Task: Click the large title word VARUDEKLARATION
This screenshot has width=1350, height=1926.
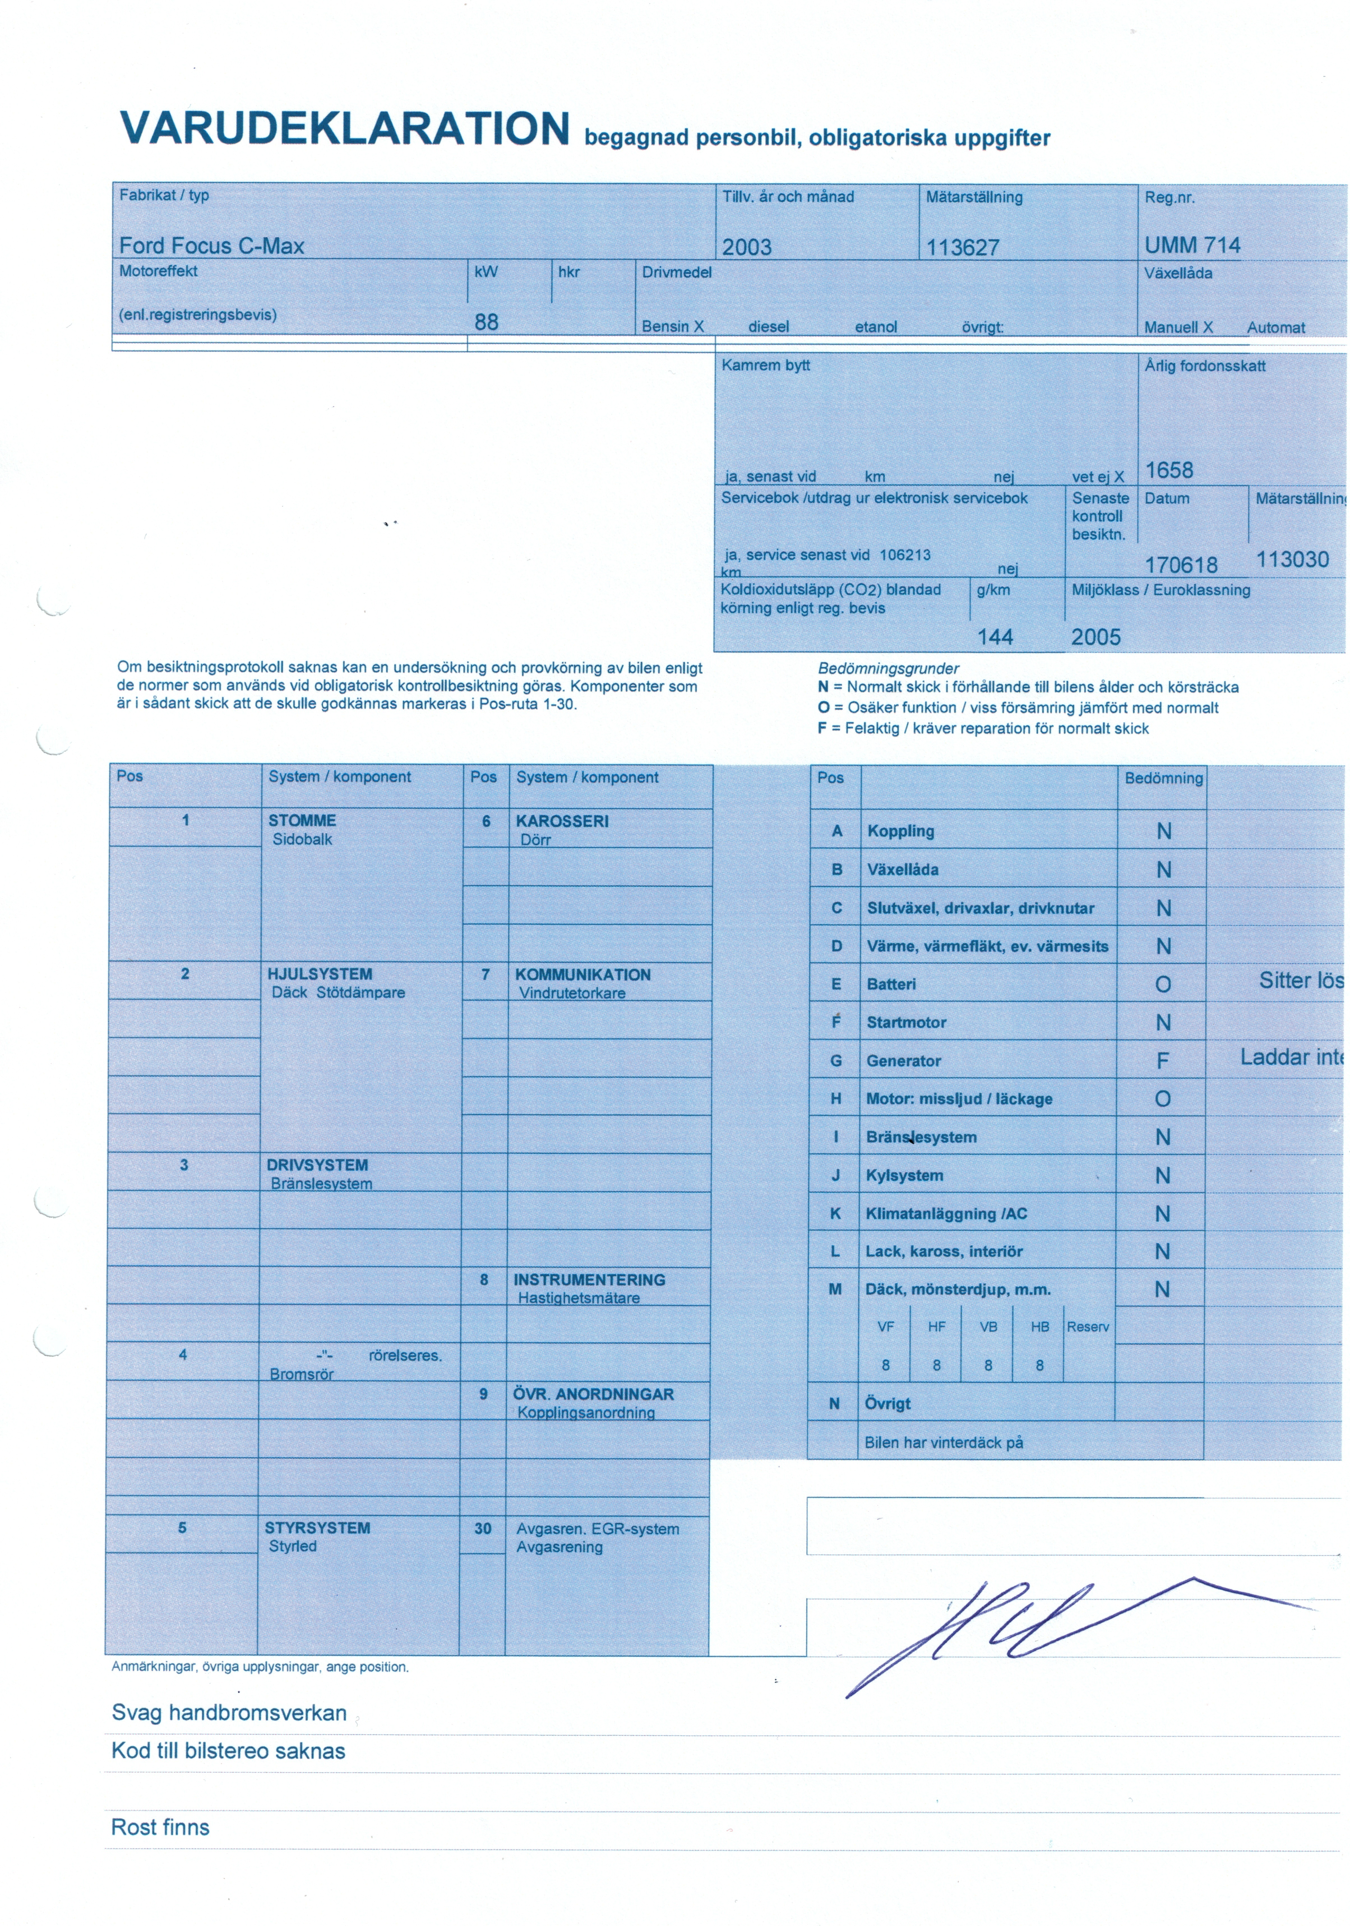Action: tap(344, 128)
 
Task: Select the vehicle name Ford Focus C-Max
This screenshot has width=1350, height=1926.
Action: tap(211, 246)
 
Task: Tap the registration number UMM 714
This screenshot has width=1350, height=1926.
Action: tap(1191, 245)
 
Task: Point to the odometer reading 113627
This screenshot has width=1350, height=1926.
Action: tap(962, 248)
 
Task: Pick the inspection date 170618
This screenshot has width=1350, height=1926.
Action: tap(1180, 565)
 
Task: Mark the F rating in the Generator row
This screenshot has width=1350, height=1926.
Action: tap(1162, 1061)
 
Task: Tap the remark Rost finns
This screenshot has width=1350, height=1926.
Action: tap(160, 1827)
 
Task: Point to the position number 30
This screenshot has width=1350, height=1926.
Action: tap(482, 1529)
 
